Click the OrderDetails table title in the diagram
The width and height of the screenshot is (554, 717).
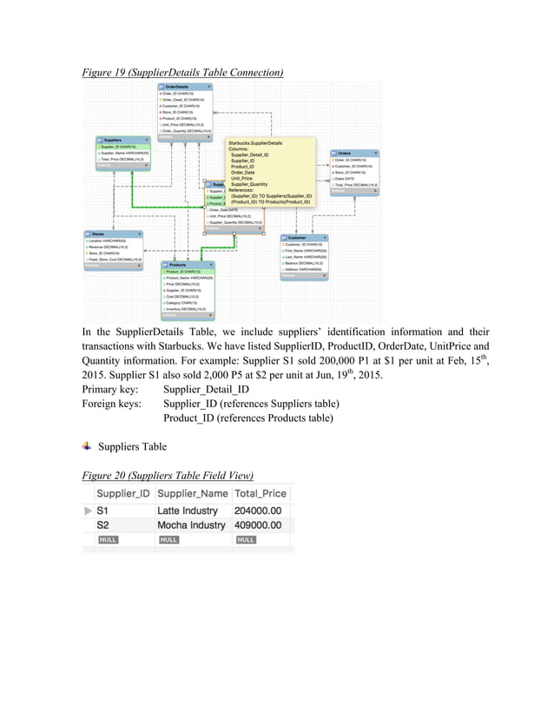tap(177, 87)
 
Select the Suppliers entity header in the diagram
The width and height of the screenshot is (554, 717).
tap(113, 140)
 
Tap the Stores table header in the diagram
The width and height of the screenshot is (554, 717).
tap(98, 234)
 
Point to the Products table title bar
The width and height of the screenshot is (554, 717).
tap(178, 264)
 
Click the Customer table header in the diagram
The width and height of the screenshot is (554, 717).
tap(297, 237)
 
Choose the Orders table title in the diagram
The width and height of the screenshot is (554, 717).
tap(345, 153)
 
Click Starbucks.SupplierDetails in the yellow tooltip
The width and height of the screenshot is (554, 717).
tap(255, 142)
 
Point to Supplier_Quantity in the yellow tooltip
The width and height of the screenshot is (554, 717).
tap(249, 184)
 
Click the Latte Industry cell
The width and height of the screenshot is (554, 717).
tap(188, 511)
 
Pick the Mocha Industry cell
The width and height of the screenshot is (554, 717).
tap(191, 525)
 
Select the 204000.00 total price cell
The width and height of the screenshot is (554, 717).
tap(258, 511)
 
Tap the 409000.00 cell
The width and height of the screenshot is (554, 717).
tap(258, 525)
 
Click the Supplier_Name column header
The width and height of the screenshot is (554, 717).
tap(191, 493)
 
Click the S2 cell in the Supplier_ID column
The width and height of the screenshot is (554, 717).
tap(102, 525)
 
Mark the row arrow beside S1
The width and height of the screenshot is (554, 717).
tap(87, 511)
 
